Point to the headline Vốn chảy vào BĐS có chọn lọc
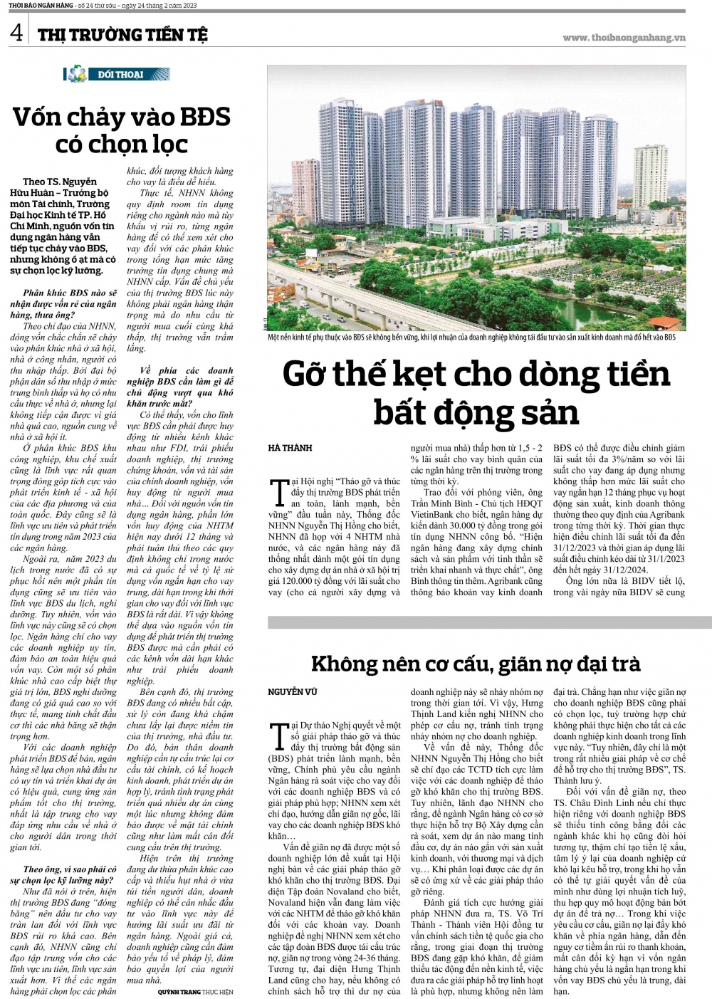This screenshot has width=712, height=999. [x=121, y=130]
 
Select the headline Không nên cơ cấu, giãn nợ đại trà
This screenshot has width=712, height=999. [x=476, y=664]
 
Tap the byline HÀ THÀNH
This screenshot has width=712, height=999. [x=290, y=448]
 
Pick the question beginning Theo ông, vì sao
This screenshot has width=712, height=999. [x=70, y=874]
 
